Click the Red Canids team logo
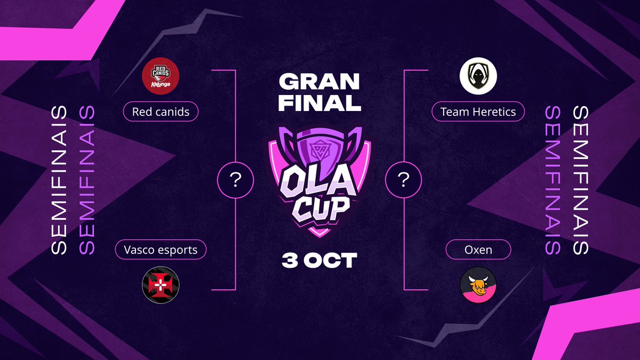coord(161,76)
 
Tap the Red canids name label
coord(161,112)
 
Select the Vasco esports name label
coord(161,250)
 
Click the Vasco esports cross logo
coord(161,284)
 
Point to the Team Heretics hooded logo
coord(478,76)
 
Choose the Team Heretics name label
coord(478,112)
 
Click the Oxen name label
coord(478,250)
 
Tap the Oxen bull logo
coord(478,285)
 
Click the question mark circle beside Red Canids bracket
coord(235,181)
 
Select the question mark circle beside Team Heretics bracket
coord(404,181)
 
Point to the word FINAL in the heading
coord(319,103)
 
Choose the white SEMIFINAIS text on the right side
coord(580,180)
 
